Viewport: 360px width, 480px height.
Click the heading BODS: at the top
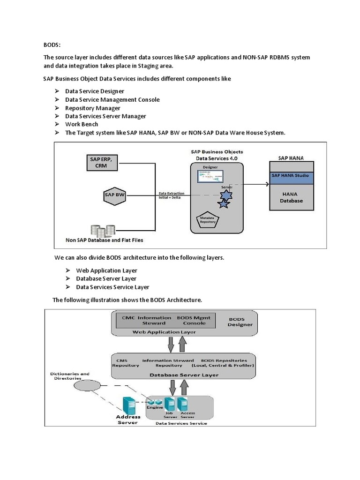click(52, 45)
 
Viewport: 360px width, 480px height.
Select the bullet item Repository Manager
click(92, 108)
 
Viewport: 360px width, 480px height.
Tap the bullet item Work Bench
click(82, 124)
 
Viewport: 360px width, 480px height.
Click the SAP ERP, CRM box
click(101, 162)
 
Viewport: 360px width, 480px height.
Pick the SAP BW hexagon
click(114, 194)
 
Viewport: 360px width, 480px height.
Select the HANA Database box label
click(291, 197)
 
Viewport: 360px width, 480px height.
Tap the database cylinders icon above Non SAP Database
click(103, 230)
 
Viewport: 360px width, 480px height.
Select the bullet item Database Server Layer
click(106, 278)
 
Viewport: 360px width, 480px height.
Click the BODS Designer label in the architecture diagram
click(240, 322)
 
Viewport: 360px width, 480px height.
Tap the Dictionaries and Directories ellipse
click(87, 385)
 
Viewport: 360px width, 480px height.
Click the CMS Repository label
click(125, 362)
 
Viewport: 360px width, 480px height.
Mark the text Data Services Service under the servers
click(181, 423)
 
